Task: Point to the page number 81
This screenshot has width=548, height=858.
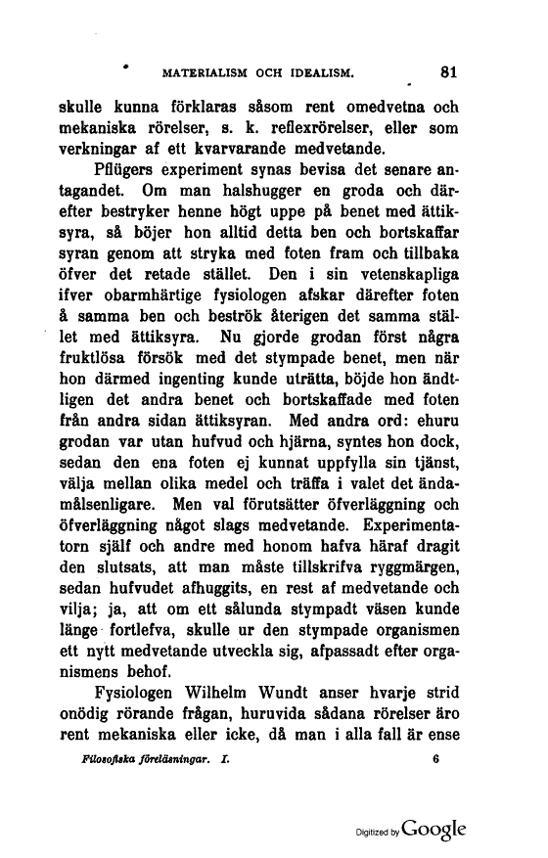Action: coord(450,71)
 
